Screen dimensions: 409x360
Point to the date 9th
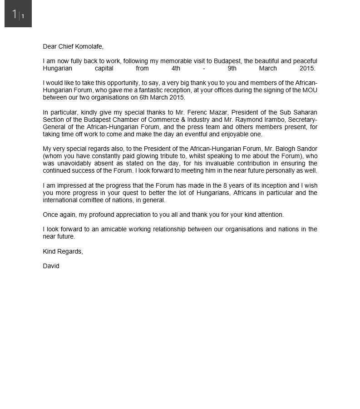point(232,68)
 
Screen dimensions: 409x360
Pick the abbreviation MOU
point(310,90)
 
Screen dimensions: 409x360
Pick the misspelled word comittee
point(93,200)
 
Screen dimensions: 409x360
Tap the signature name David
point(51,266)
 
